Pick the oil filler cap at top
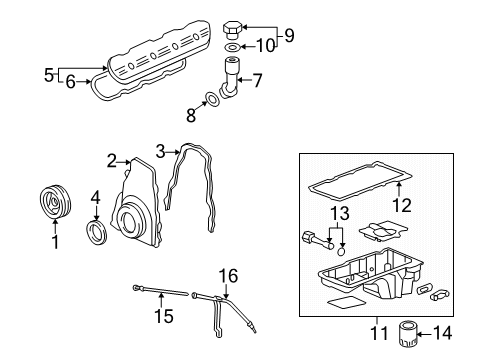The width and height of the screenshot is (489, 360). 232,26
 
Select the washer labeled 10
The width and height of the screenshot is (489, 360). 232,47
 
